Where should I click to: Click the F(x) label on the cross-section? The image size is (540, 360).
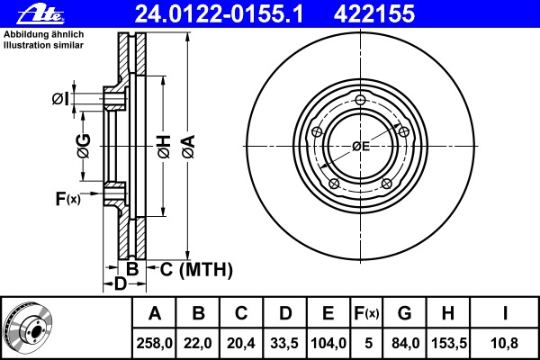click(67, 199)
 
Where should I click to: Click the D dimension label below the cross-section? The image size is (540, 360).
click(120, 284)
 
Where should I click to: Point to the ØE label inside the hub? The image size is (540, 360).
click(361, 146)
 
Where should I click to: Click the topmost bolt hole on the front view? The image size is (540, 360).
click(360, 100)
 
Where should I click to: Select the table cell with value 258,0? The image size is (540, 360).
click(155, 343)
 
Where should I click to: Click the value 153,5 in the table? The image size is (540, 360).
click(447, 343)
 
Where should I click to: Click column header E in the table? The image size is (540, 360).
click(328, 314)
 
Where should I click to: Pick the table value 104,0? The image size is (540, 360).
click(328, 343)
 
